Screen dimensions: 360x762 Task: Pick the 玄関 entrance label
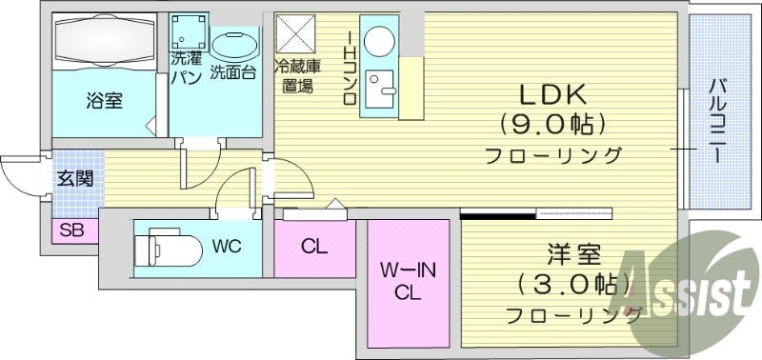pos(73,177)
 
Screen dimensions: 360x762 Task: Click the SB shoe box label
pos(70,230)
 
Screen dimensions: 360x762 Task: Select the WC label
pos(227,247)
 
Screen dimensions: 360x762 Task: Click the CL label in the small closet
pos(314,247)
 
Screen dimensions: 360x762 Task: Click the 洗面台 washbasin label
pos(233,70)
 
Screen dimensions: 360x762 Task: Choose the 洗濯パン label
pos(185,70)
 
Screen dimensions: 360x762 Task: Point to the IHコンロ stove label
pos(350,67)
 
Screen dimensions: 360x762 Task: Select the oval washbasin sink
pos(234,44)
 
